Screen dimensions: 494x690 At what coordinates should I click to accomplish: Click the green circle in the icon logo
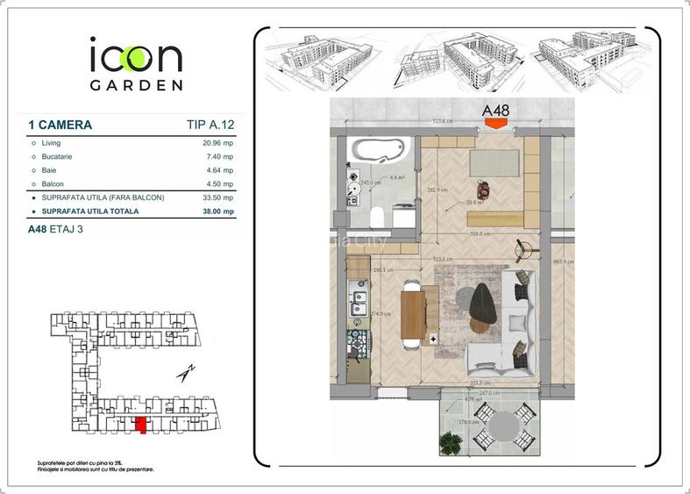tap(135, 58)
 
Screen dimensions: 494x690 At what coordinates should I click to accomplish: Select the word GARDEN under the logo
tap(136, 85)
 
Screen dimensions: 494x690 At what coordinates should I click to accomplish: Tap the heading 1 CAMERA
tap(60, 125)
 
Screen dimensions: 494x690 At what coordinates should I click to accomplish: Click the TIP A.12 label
tap(210, 125)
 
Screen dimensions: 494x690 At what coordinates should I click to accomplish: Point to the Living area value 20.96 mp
tap(217, 142)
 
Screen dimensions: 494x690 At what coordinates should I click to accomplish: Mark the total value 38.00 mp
tap(216, 211)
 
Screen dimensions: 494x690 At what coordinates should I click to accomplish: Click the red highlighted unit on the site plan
tap(140, 426)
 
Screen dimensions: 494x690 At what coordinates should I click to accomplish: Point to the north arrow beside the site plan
tap(185, 374)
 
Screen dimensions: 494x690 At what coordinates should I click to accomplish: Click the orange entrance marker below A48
tap(496, 124)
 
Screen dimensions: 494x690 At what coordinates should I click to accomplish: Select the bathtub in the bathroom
tap(379, 150)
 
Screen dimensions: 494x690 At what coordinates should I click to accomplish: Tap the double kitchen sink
tap(358, 304)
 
